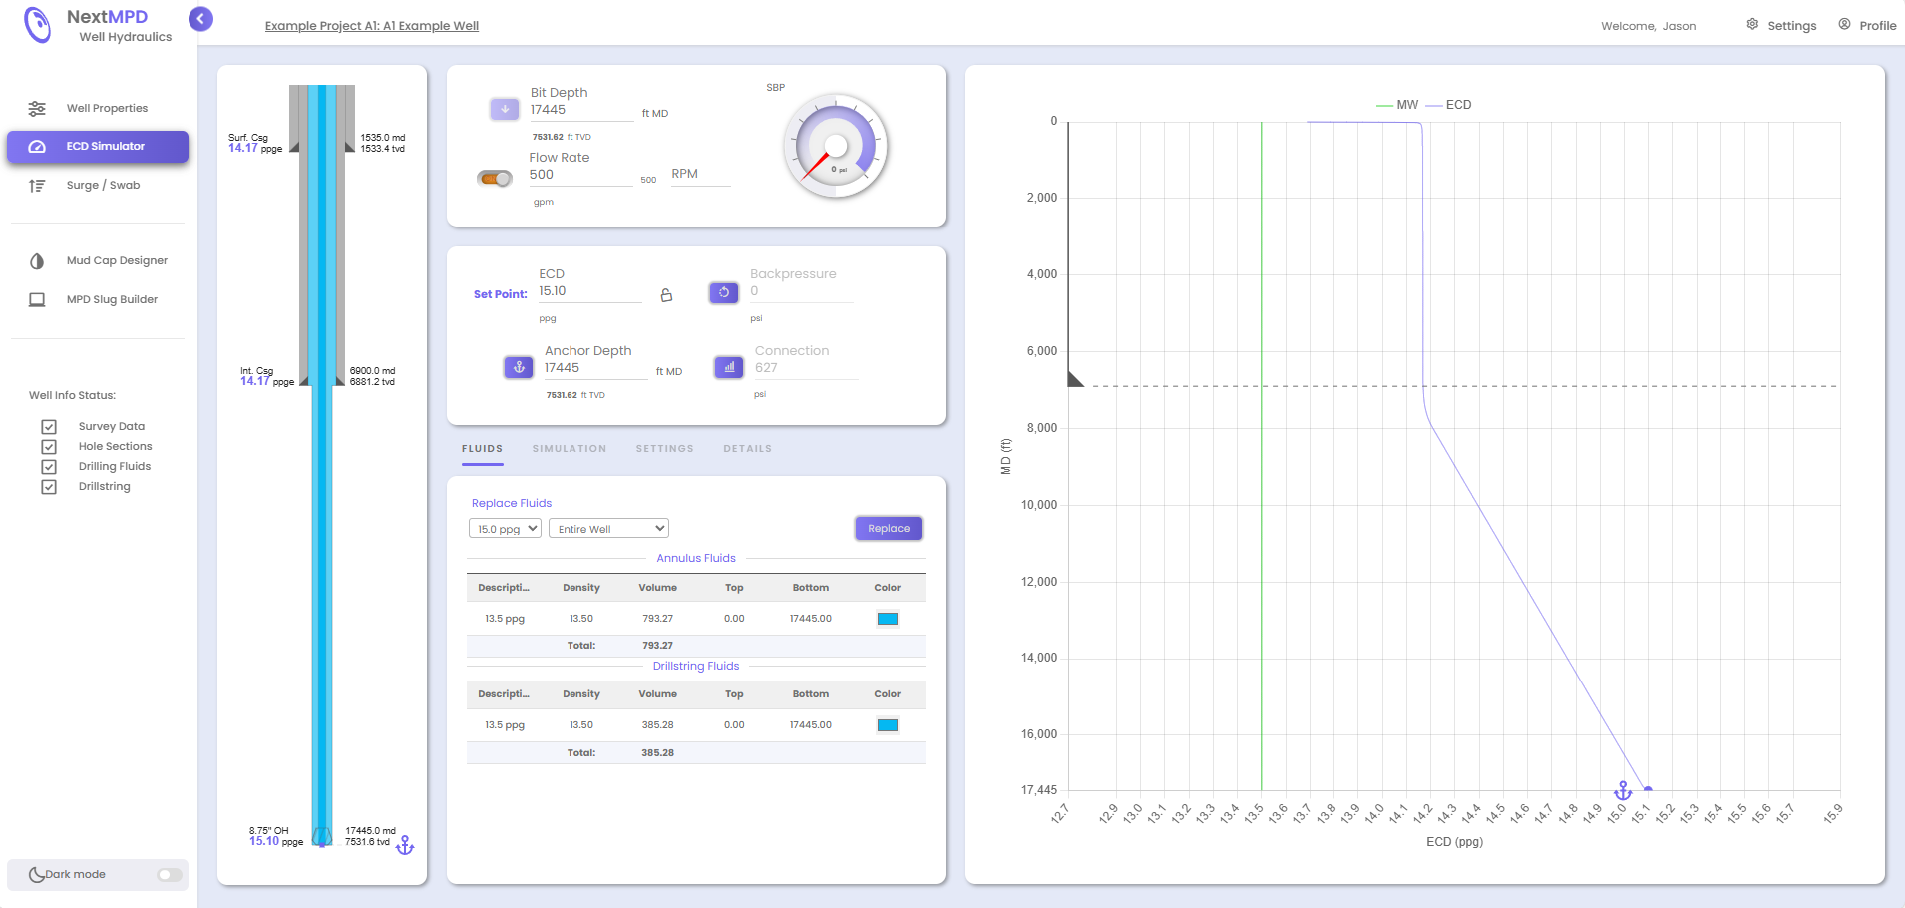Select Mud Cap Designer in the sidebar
(x=116, y=261)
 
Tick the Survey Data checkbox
(x=49, y=427)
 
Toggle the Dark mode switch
(x=170, y=875)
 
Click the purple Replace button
(x=888, y=529)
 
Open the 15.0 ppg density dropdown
(x=505, y=529)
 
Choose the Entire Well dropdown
(x=608, y=529)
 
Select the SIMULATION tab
(x=570, y=449)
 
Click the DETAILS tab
(x=747, y=449)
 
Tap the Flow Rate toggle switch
(x=495, y=179)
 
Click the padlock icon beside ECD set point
(x=666, y=295)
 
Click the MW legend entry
(x=1398, y=105)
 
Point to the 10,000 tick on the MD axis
(x=1039, y=505)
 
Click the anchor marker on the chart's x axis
(x=1623, y=791)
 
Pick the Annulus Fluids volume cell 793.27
(x=657, y=619)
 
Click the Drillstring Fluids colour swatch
(x=887, y=725)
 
